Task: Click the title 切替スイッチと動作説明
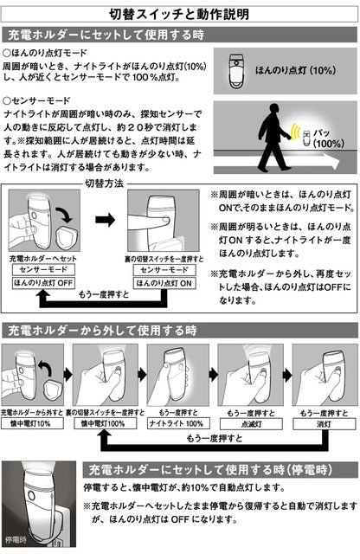(x=180, y=14)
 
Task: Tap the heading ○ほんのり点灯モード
(x=47, y=54)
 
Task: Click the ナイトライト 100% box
(x=178, y=425)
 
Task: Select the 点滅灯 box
(x=250, y=425)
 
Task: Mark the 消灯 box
(x=322, y=425)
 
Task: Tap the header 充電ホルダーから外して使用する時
(x=101, y=331)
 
